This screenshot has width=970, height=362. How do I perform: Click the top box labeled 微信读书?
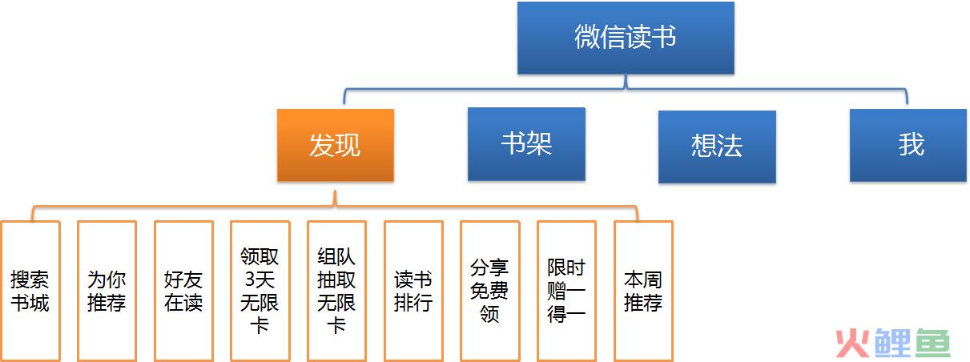coord(626,38)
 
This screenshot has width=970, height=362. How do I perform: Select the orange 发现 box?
coord(336,145)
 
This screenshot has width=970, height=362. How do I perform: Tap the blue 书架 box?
coord(526,144)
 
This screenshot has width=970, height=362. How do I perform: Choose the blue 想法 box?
coord(717,147)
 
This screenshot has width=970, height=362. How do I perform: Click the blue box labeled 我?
coord(908,145)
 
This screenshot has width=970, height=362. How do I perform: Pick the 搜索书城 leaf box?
coord(30,291)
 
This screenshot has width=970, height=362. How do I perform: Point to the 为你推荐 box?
coord(107,291)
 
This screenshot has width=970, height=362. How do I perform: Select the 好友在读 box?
coord(183,291)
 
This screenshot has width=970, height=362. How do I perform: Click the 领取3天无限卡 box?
coord(260,291)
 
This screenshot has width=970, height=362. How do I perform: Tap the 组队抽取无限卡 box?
coord(337,291)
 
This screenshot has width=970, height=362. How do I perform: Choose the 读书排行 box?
coord(413,291)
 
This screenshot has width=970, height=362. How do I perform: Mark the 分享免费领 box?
coord(490,291)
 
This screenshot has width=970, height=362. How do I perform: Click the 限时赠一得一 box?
coord(567,291)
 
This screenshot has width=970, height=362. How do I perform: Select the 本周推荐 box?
coord(643,291)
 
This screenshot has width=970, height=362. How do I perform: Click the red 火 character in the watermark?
coord(852,344)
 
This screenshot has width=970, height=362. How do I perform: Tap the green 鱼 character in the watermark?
coord(932,343)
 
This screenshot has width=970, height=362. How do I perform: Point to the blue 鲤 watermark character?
coord(892,343)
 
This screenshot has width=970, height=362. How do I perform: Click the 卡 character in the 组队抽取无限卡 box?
coord(336,325)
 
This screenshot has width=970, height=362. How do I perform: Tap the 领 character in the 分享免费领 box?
coord(489,314)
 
